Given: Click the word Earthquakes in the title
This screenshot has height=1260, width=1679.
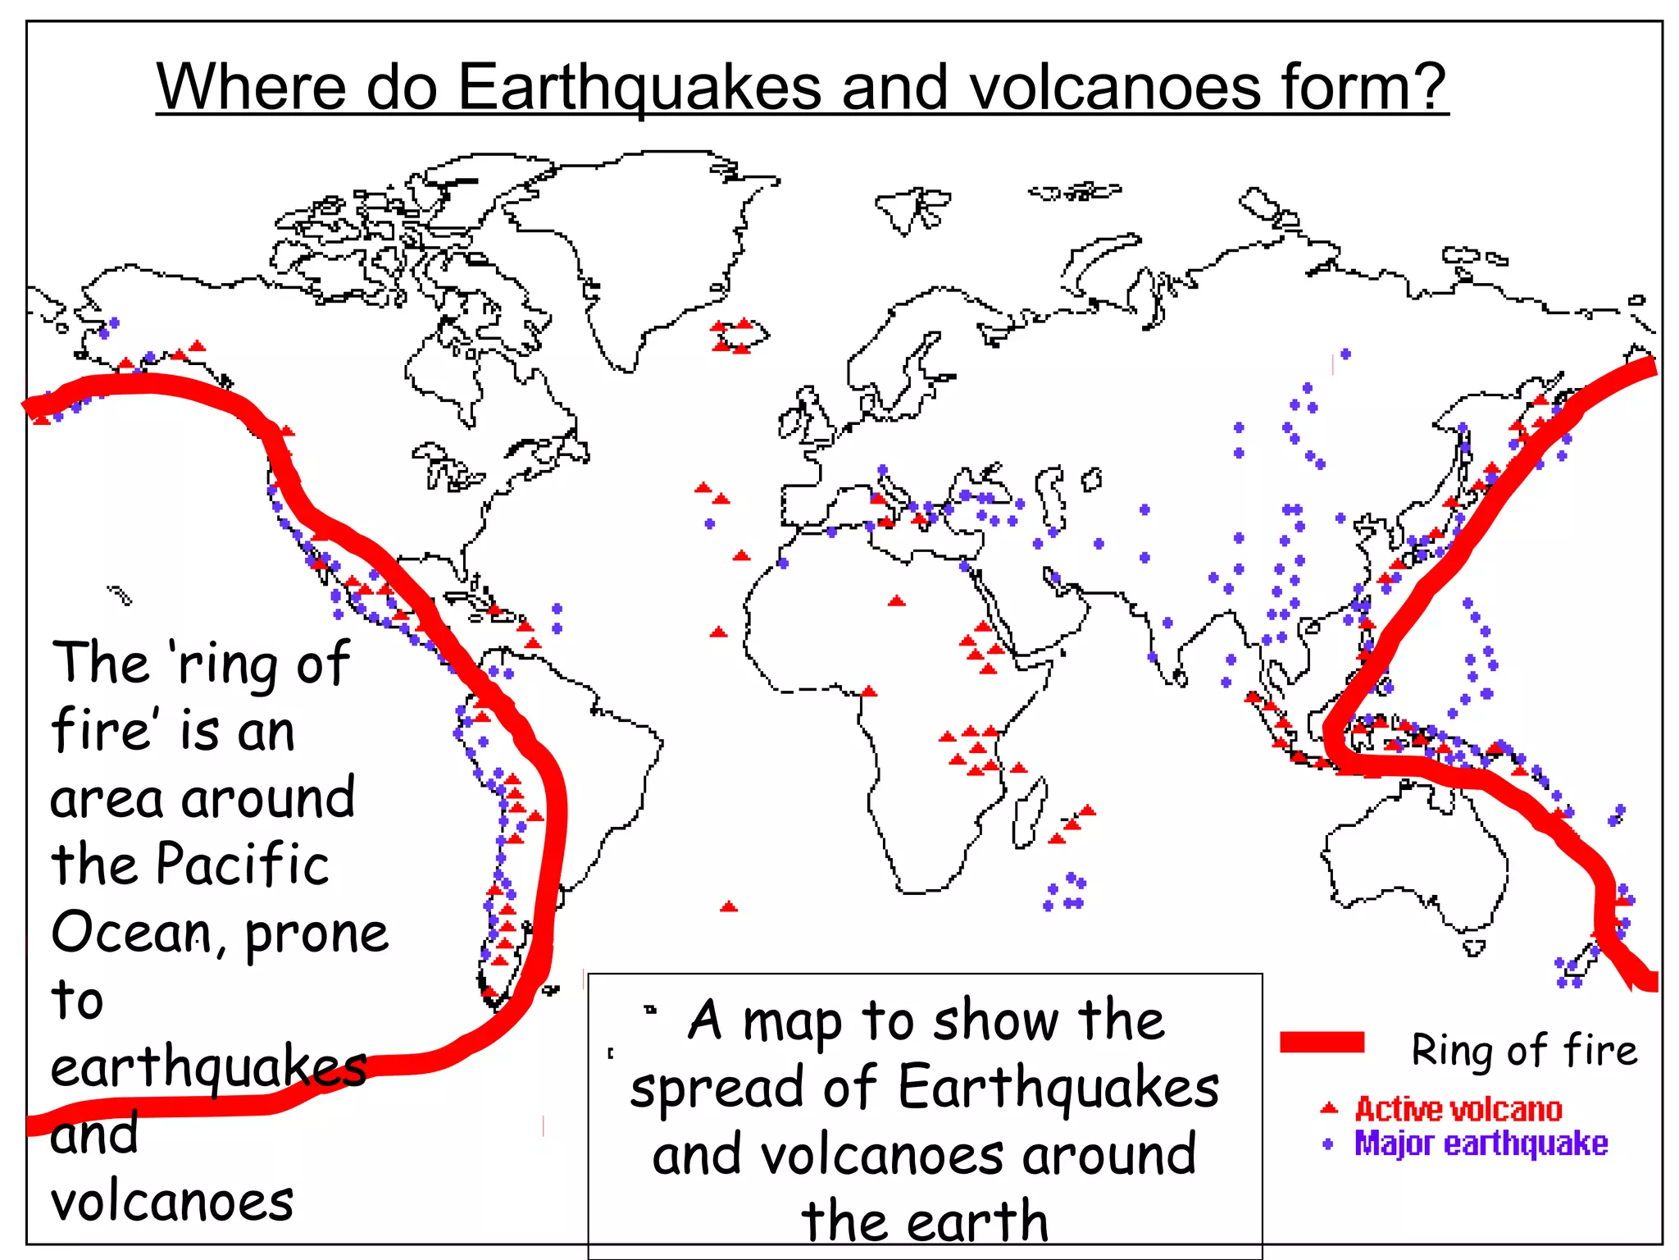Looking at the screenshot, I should [639, 87].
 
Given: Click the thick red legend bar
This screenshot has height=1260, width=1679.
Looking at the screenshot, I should [1322, 1042].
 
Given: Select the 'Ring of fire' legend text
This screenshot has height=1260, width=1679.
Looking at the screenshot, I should [1523, 1050].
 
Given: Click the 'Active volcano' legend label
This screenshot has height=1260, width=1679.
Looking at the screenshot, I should [1458, 1109].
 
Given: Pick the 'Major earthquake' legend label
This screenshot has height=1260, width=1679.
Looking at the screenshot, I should [1480, 1144].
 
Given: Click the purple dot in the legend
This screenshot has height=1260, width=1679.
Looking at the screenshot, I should [1328, 1144].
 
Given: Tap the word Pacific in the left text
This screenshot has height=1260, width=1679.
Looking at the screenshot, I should [242, 865].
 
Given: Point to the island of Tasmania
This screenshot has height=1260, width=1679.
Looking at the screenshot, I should [1474, 948].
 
